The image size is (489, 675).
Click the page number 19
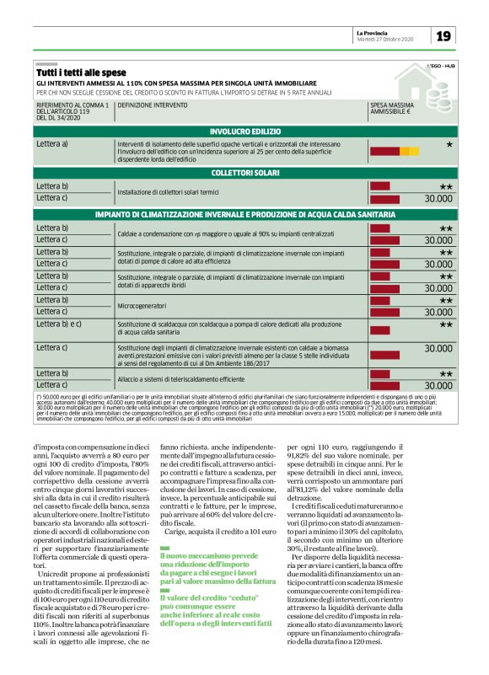(444, 35)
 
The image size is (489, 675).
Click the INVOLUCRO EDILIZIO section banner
(244, 132)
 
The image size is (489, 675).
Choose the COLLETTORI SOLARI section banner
(244, 173)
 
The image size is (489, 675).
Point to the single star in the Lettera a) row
(449, 146)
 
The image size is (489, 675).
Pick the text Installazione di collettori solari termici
(173, 192)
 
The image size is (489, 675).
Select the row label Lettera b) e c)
(59, 324)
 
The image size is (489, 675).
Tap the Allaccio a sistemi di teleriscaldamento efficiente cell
(185, 378)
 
